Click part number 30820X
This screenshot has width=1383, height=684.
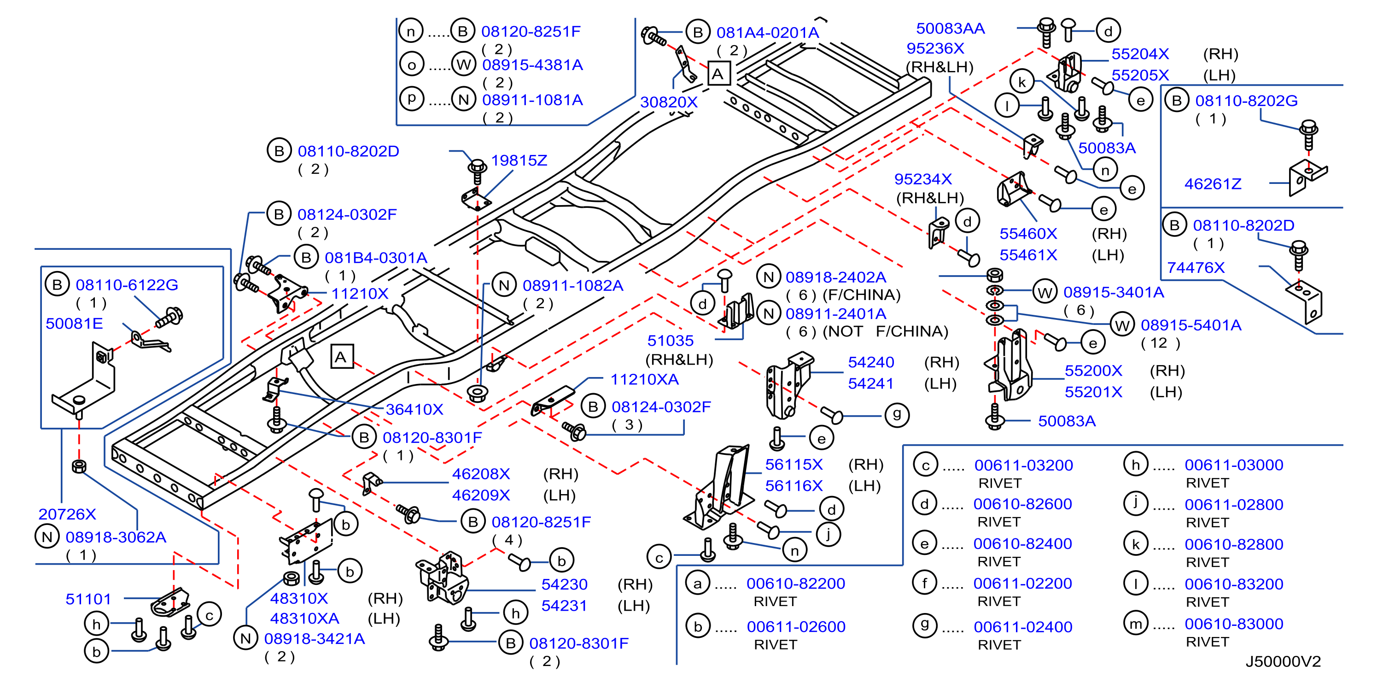coord(668,101)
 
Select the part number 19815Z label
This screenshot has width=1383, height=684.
coord(519,160)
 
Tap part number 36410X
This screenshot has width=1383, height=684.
coord(414,409)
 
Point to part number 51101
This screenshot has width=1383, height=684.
coord(88,599)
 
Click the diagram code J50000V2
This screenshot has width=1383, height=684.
coord(1283,661)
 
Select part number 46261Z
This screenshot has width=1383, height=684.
coord(1213,184)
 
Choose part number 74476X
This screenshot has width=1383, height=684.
coord(1196,268)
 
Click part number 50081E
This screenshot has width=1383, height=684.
coord(74,324)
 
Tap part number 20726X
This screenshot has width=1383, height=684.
coord(67,514)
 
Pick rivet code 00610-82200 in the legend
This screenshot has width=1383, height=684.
coord(796,584)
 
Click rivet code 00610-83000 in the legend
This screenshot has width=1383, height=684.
coord(1234,624)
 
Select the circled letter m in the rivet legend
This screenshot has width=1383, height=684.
coord(1136,624)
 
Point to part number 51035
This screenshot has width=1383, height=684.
coord(670,341)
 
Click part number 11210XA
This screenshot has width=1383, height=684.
coord(644,379)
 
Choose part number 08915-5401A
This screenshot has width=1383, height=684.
coord(1191,325)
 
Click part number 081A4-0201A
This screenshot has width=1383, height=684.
coord(768,33)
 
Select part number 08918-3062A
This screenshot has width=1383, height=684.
coord(116,537)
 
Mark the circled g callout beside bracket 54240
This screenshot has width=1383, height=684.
coord(897,415)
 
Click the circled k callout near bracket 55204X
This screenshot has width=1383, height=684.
coord(1022,82)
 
